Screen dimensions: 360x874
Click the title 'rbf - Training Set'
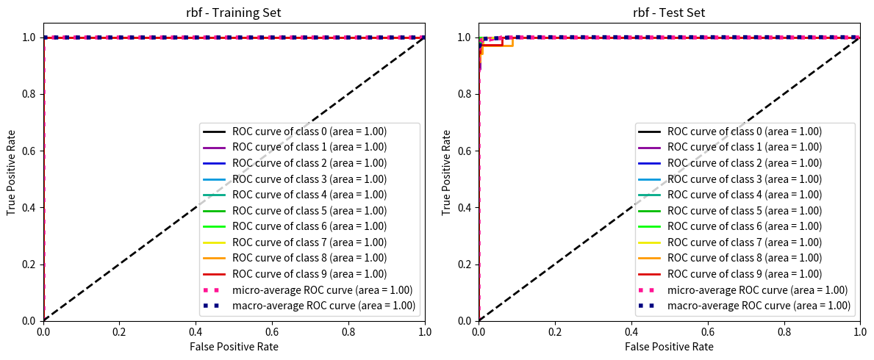click(234, 12)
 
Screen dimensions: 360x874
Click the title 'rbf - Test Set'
click(670, 12)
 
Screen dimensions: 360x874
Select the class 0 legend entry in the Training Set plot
click(309, 132)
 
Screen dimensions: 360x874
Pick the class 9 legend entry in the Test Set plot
click(744, 274)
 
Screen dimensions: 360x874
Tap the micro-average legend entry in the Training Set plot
click(322, 289)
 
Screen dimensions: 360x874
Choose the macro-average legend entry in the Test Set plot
click(759, 306)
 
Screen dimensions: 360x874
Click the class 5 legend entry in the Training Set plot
click(309, 211)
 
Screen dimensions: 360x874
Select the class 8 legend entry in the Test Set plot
click(744, 258)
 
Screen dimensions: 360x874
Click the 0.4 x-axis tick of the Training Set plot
click(196, 331)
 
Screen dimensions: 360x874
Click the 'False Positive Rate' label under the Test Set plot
click(670, 346)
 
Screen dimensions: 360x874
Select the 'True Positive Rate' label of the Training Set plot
click(12, 179)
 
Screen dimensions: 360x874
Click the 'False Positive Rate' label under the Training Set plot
click(234, 346)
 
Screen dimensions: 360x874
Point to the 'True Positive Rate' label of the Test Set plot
click(447, 179)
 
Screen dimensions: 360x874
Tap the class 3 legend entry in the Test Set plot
click(744, 179)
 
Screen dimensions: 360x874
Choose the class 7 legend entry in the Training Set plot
click(309, 242)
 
